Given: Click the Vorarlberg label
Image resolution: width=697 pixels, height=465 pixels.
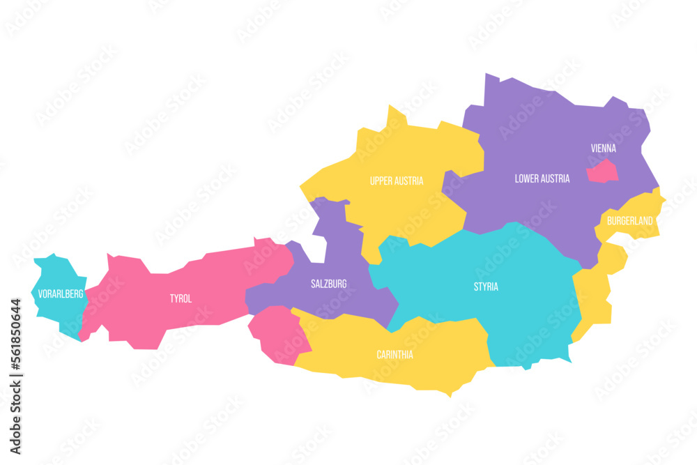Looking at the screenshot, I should click(61, 294).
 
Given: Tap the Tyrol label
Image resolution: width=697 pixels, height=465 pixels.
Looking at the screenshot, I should click(181, 298).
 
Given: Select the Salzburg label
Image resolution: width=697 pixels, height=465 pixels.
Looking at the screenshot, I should click(328, 284).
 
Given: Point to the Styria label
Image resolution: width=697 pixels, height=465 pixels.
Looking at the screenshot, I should click(486, 287).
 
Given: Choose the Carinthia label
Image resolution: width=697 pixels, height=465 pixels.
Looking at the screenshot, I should click(395, 354).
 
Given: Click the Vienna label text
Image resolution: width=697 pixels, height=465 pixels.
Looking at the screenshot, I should click(603, 148).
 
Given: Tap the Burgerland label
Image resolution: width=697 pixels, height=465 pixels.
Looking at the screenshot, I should click(629, 221).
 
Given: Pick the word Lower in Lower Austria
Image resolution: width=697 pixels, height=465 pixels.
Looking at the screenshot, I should click(527, 178).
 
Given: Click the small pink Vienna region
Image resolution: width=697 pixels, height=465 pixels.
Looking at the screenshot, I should click(602, 171).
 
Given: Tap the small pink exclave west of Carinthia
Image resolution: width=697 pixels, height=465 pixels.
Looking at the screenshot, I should click(277, 336).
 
